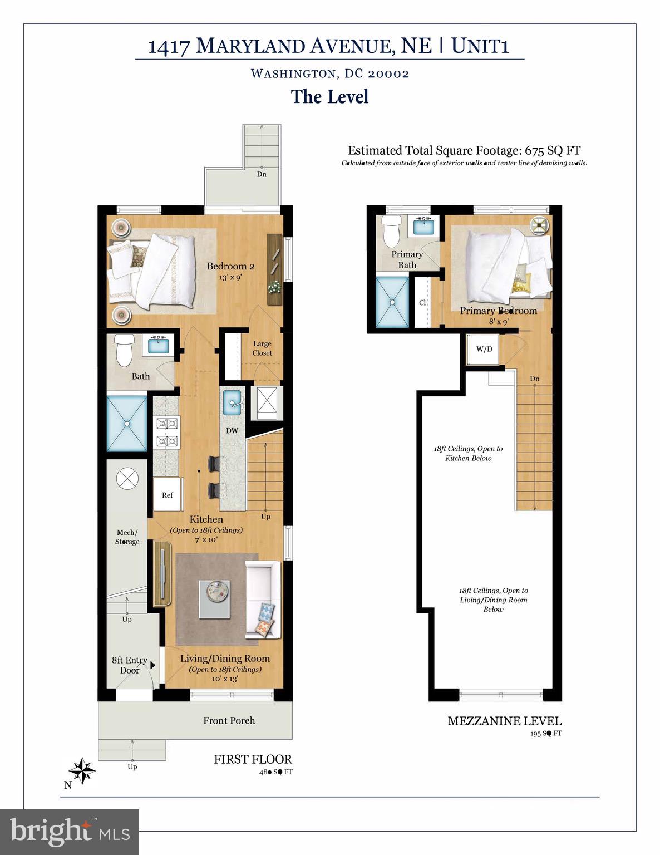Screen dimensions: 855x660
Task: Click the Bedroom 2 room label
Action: pos(230,266)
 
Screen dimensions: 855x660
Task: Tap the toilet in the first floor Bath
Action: pos(123,350)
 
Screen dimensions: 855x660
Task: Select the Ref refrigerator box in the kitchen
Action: pos(168,494)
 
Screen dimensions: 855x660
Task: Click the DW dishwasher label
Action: pos(232,430)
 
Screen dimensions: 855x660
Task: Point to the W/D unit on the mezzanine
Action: pos(484,349)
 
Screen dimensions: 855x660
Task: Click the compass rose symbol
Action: pos(82,770)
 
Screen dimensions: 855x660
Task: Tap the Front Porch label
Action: pos(229,720)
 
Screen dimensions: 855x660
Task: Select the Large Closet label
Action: pos(262,348)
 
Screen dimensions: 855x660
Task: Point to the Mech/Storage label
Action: pos(127,537)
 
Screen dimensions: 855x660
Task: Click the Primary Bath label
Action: pos(407,259)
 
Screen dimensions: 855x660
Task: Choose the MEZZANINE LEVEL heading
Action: pos(504,721)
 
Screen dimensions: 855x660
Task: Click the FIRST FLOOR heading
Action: pos(253,759)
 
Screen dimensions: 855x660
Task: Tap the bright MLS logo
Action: pos(70,832)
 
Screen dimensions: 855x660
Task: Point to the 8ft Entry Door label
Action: pos(129,665)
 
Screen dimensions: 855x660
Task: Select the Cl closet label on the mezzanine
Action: pos(422,302)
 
